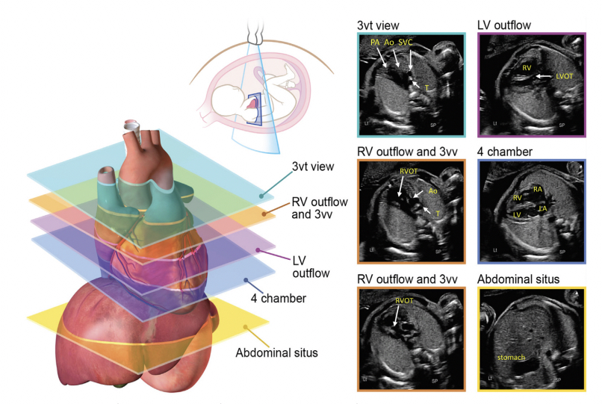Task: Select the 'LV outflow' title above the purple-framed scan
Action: pos(504,25)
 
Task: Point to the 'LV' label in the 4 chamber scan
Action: pos(518,214)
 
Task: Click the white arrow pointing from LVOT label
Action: pos(544,76)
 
